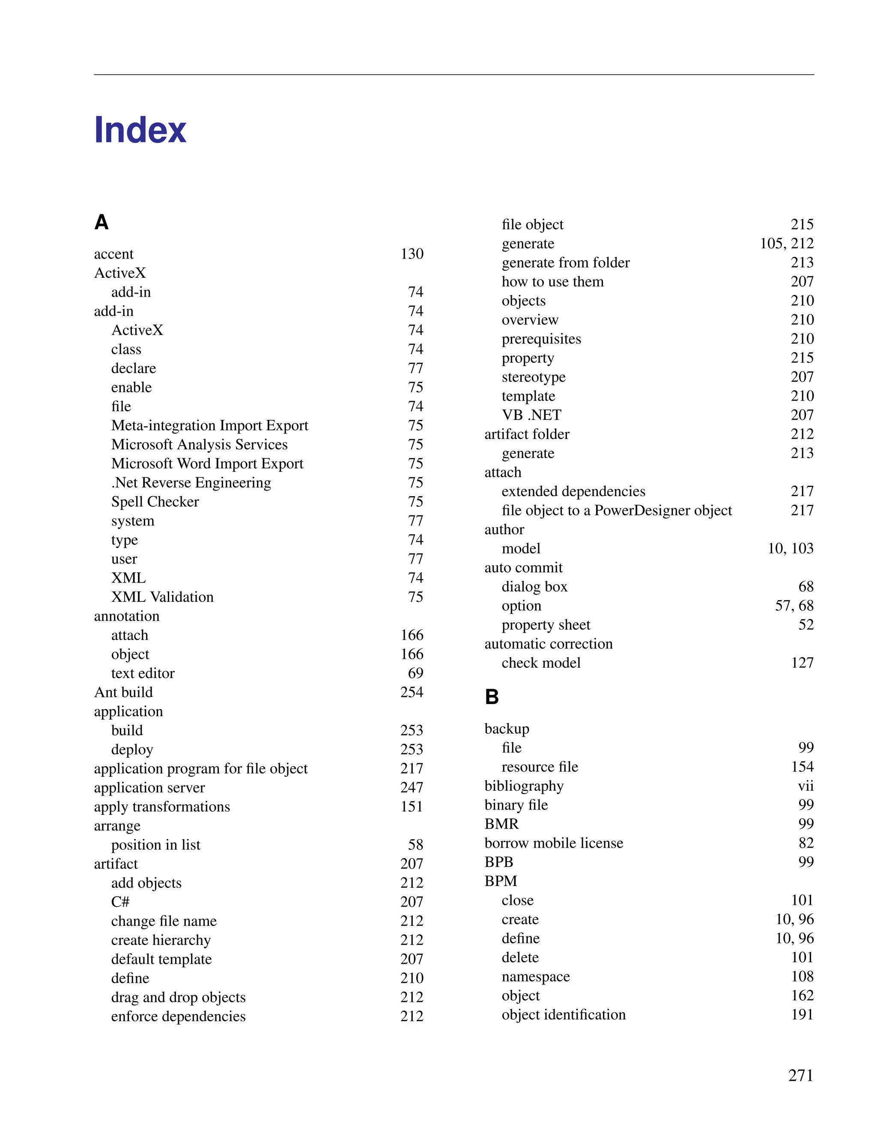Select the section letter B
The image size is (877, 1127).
492,697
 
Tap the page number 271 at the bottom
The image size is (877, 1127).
801,1075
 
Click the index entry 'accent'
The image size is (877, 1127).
113,254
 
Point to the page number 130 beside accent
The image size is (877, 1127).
412,254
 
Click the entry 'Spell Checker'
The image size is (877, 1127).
155,502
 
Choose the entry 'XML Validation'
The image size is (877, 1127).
162,597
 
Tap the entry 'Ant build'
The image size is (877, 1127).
123,692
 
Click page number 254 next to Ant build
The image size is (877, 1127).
412,692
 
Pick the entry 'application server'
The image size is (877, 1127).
149,788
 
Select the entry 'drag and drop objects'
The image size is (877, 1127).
178,997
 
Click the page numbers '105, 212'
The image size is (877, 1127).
786,243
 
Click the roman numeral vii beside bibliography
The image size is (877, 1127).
805,786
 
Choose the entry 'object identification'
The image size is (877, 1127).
563,1014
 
